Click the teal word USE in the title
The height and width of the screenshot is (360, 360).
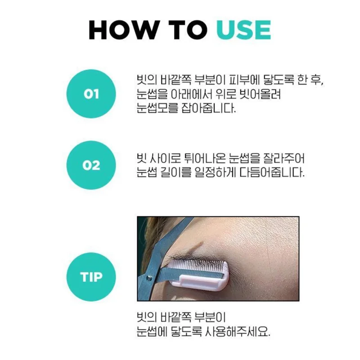tap(243, 30)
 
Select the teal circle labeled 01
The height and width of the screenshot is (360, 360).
tap(91, 94)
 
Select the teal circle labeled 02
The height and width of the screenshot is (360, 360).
tap(91, 165)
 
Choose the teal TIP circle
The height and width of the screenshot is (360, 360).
tap(91, 277)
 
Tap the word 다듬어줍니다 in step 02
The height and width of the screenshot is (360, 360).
tap(272, 172)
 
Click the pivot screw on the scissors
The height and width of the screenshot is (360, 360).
tap(149, 278)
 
